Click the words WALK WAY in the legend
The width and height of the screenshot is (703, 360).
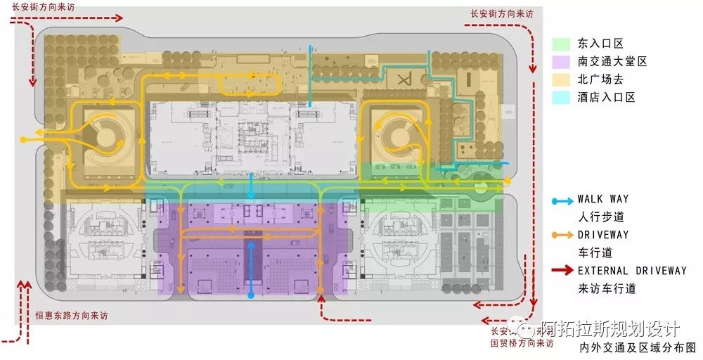[x=602, y=200]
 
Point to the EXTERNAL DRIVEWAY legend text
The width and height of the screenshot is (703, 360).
[x=632, y=270]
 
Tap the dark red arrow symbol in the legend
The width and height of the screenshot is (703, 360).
[x=562, y=270]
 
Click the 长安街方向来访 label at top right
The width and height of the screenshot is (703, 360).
[x=501, y=13]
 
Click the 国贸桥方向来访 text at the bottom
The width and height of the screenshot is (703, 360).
[x=522, y=344]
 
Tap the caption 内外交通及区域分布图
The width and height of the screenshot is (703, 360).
[x=637, y=347]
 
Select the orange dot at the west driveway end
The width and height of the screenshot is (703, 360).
[x=24, y=141]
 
